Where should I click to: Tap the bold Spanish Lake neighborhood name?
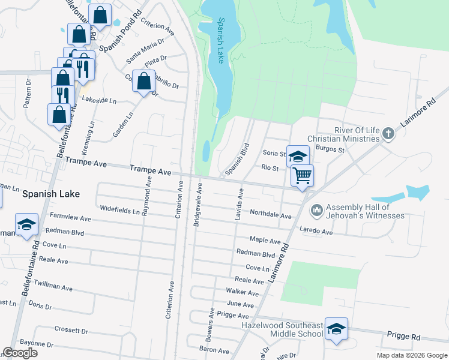pos(47,194)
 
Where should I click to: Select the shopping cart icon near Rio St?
pos(303,176)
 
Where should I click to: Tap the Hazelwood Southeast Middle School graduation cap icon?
pos(336,329)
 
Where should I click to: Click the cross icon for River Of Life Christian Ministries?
pos(388,133)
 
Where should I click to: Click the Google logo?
pos(20,353)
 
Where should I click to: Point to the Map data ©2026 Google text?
pos(411,355)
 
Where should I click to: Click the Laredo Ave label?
pos(316,231)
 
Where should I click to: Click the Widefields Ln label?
pos(119,211)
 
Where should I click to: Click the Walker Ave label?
pos(242,293)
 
